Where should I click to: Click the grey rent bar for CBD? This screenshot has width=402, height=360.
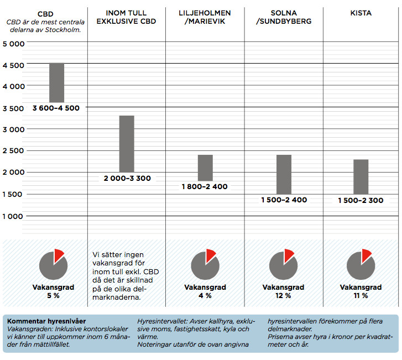(x=56, y=82)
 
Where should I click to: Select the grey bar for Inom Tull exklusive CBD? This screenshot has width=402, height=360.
(x=127, y=144)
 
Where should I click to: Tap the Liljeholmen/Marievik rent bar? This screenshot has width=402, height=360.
(x=205, y=168)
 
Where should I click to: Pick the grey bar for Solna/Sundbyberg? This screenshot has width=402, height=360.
(x=284, y=174)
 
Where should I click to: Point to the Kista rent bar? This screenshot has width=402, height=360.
(x=361, y=176)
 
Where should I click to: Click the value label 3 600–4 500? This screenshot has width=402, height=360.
(x=56, y=108)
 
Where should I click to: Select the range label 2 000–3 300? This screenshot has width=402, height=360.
(x=127, y=178)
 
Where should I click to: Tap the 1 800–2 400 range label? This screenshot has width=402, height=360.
(x=205, y=187)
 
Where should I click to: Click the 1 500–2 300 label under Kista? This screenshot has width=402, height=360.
(x=361, y=200)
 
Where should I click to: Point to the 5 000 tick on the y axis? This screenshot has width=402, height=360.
(x=13, y=44)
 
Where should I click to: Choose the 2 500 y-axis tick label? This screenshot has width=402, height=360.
(x=13, y=151)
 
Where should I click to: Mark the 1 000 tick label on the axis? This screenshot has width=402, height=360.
(x=13, y=216)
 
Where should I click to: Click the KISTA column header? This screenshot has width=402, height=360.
(x=361, y=13)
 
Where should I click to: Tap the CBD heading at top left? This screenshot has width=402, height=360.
(x=46, y=13)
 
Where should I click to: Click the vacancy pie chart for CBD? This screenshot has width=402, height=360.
(x=53, y=264)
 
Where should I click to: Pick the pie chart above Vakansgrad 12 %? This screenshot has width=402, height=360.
(x=283, y=264)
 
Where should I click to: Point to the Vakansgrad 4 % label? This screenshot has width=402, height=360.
(x=205, y=291)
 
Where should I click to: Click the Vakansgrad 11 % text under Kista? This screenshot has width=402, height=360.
(x=361, y=291)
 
